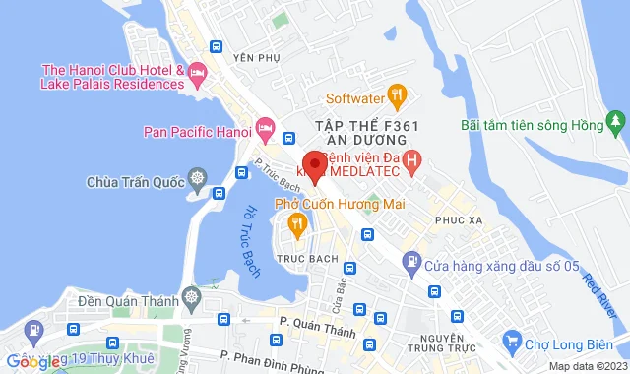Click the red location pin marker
point(314,165)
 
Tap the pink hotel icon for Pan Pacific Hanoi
point(264,128)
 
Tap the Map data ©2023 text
point(586,366)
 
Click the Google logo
point(32,361)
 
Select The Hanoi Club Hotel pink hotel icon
point(197,72)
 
